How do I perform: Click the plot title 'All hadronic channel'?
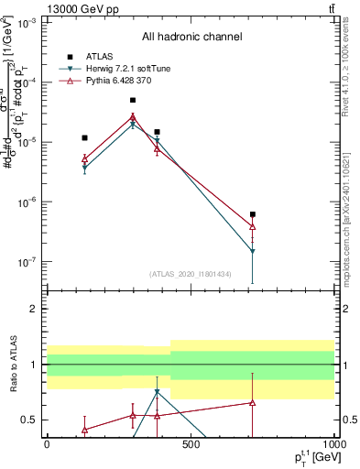click(191, 38)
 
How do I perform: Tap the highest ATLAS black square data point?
click(133, 100)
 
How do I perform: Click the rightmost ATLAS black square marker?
click(252, 214)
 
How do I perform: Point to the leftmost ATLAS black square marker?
click(84, 137)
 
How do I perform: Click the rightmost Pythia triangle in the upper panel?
click(252, 226)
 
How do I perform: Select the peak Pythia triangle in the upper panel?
click(133, 116)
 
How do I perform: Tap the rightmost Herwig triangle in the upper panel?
click(252, 250)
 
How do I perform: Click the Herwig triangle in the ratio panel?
click(158, 392)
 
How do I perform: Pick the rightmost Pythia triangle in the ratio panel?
click(252, 402)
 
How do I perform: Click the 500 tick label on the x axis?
click(191, 444)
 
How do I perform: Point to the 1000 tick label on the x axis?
click(333, 444)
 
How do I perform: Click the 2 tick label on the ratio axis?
click(36, 310)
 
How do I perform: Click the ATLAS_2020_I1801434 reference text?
click(191, 274)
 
